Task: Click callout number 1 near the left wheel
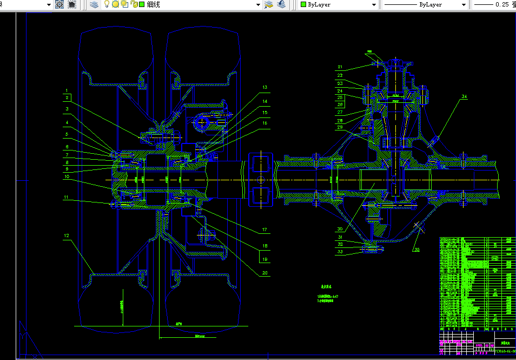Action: [66, 90]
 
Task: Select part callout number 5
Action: [66, 134]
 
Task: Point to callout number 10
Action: [66, 176]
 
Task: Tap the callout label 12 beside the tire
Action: [66, 235]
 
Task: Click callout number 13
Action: [265, 87]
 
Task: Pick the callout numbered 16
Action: [265, 123]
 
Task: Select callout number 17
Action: [265, 230]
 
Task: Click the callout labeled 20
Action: [265, 273]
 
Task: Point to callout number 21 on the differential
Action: [340, 67]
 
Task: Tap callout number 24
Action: [340, 91]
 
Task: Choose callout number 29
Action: [340, 127]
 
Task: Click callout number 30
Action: [340, 228]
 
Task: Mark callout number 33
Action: [340, 252]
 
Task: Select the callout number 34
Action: [464, 97]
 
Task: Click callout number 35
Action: [416, 249]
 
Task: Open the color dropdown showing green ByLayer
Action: [339, 4]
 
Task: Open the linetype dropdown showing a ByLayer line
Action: [425, 4]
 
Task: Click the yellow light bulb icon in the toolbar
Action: [107, 4]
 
